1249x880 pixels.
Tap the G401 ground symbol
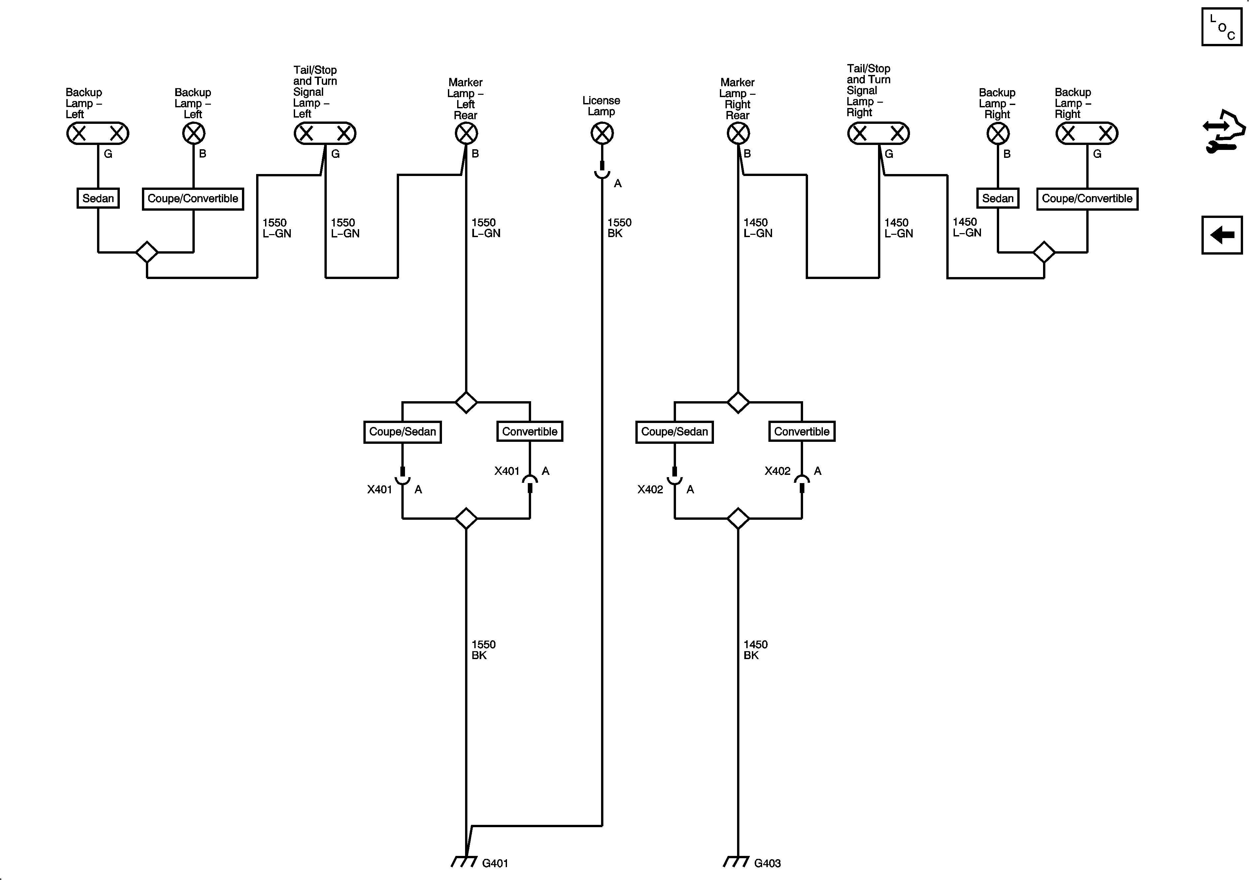coord(464,862)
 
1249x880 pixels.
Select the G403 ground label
coord(767,863)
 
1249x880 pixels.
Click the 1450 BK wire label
coord(755,650)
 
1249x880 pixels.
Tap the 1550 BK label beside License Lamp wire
coord(619,228)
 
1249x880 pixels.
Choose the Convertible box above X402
coord(801,432)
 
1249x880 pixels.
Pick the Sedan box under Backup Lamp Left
coord(98,198)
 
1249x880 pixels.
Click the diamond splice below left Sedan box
coord(147,252)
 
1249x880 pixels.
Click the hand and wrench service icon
coord(1223,132)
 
